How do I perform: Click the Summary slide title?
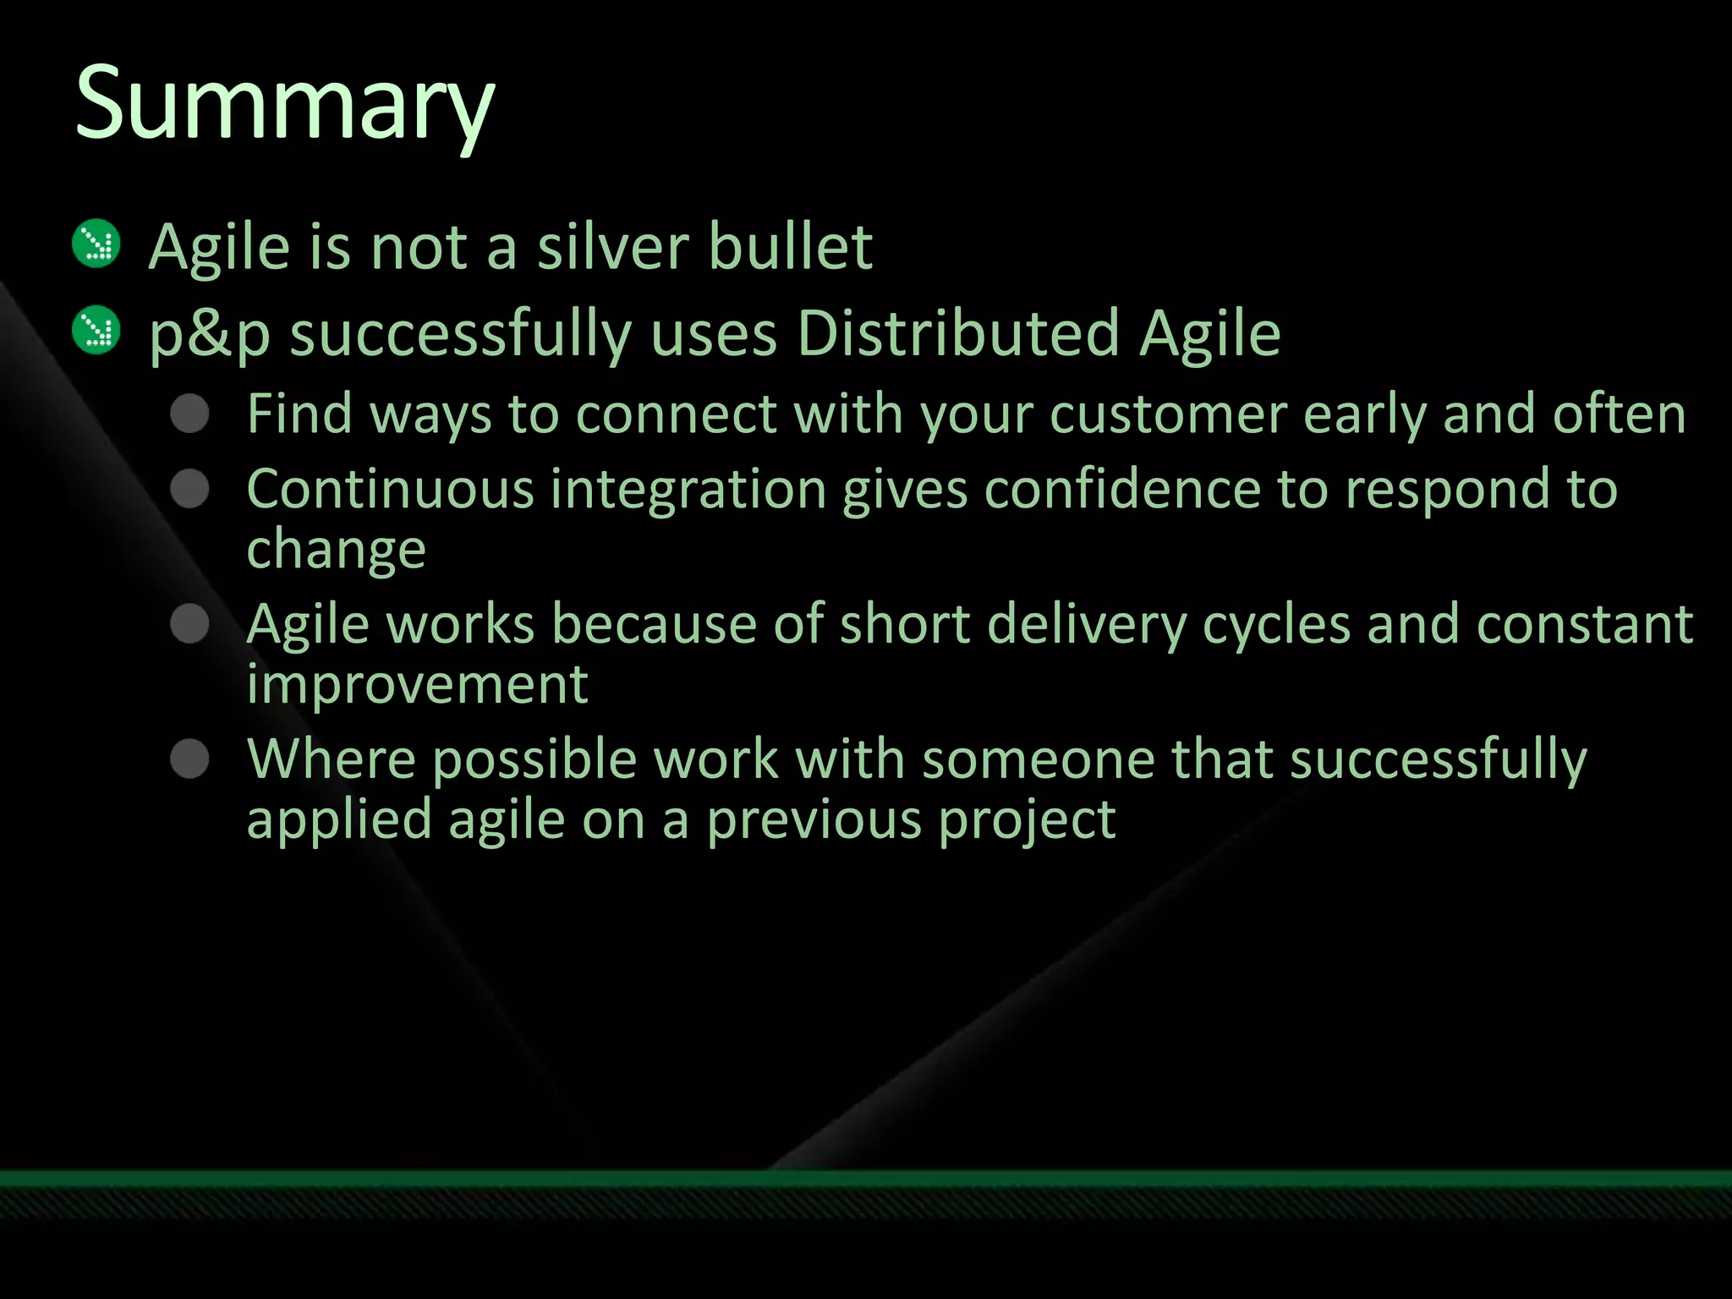pos(284,105)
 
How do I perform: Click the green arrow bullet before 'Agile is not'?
pos(97,244)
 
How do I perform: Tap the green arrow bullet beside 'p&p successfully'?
pos(97,330)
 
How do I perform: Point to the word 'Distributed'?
pos(959,333)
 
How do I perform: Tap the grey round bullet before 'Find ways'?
pos(189,414)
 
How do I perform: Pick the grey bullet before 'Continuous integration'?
pos(189,489)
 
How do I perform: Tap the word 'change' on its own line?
pos(336,551)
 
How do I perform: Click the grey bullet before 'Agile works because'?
pos(189,624)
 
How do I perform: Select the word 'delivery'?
pos(1086,626)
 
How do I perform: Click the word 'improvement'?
pos(417,684)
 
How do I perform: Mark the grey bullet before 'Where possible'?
pos(189,759)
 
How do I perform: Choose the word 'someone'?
pos(1039,759)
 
